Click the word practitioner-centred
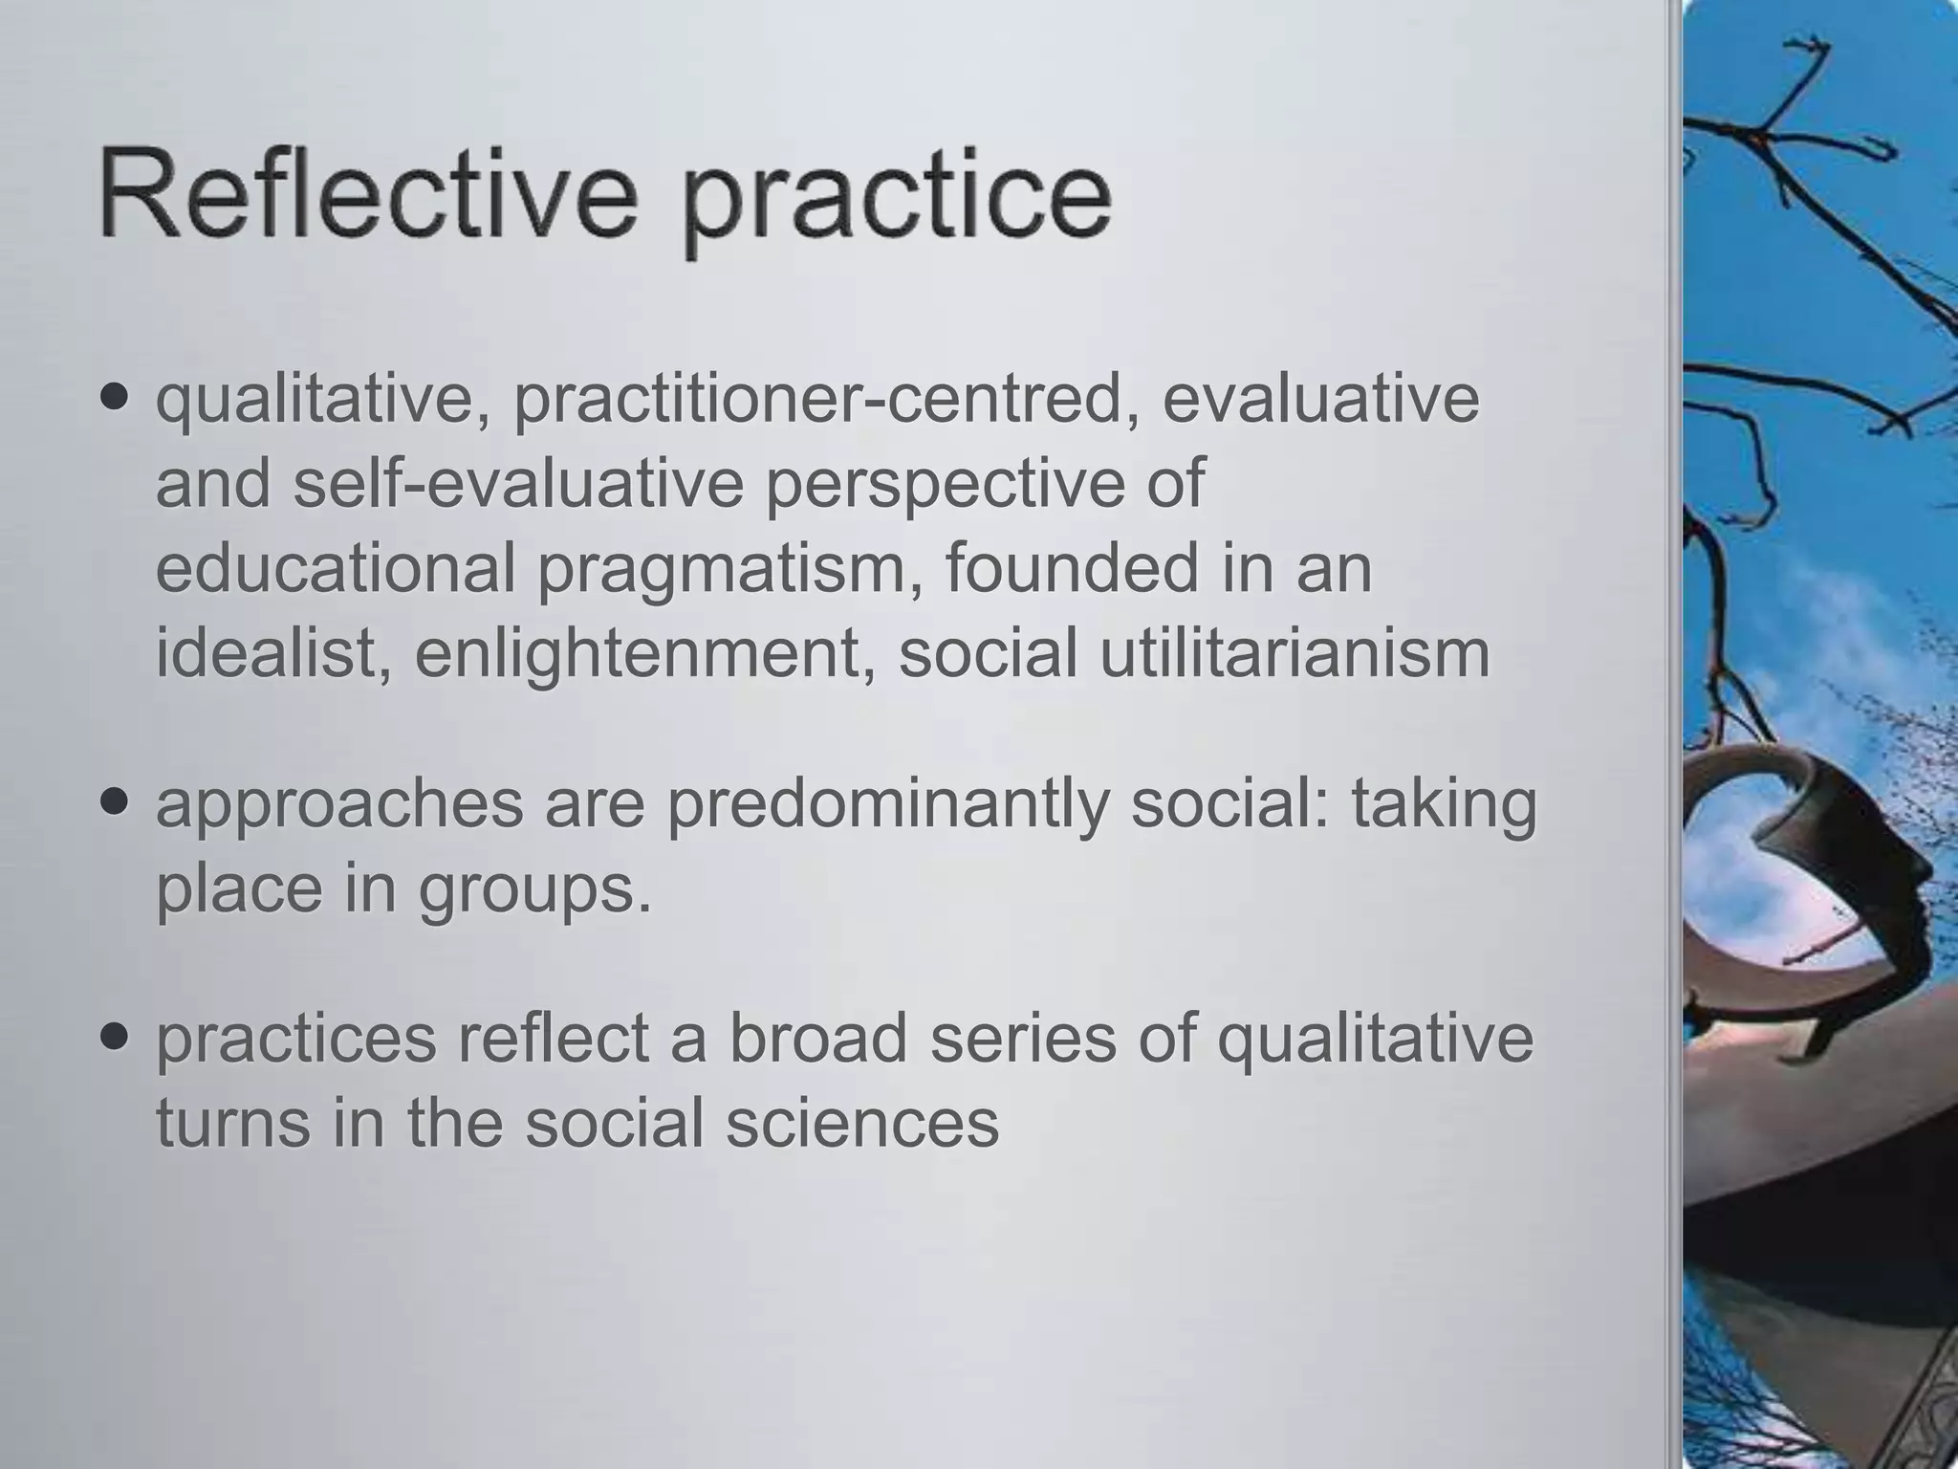[x=827, y=400]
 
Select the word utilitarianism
[x=1294, y=652]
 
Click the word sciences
[x=861, y=1122]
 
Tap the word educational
[x=336, y=567]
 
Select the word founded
[x=1072, y=567]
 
